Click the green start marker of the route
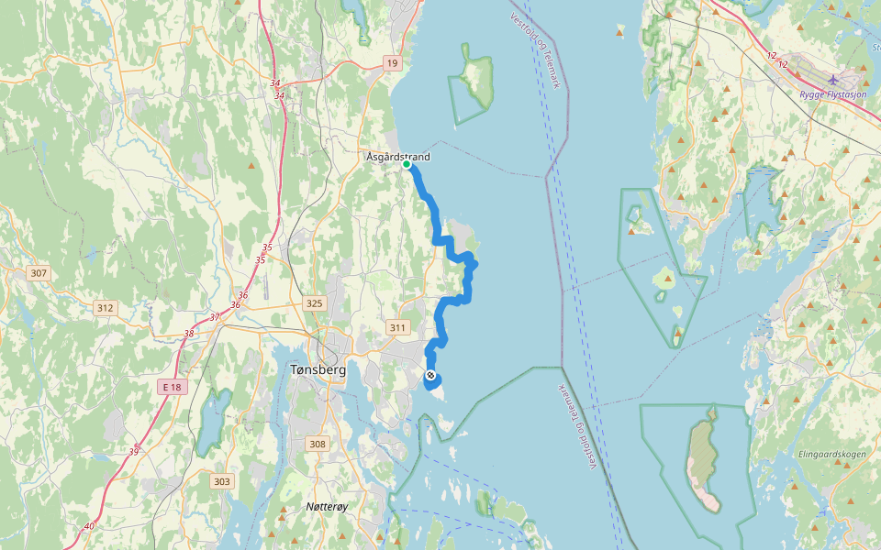[407, 165]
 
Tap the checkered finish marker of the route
[430, 375]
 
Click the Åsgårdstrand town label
[398, 157]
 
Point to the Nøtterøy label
[328, 507]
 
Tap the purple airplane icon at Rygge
[832, 79]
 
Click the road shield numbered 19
[392, 62]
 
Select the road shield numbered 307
[39, 273]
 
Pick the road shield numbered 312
[105, 308]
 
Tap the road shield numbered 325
[315, 302]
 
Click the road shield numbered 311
[397, 327]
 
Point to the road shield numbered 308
[318, 445]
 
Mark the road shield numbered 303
[222, 481]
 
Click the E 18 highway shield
[173, 388]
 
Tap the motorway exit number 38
[188, 334]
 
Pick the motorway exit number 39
[134, 451]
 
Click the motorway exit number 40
[88, 526]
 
